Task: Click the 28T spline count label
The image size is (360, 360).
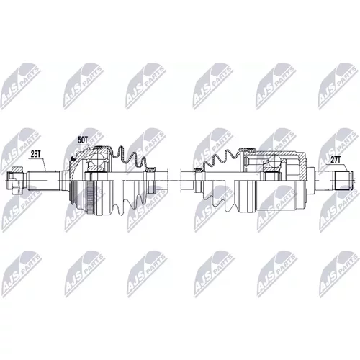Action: click(35, 154)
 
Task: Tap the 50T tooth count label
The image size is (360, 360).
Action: click(82, 140)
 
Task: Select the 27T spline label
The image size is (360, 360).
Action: click(336, 160)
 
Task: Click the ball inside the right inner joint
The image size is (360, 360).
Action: click(274, 161)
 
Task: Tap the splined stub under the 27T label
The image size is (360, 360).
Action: click(341, 180)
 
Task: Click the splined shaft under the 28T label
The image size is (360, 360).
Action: click(43, 180)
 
